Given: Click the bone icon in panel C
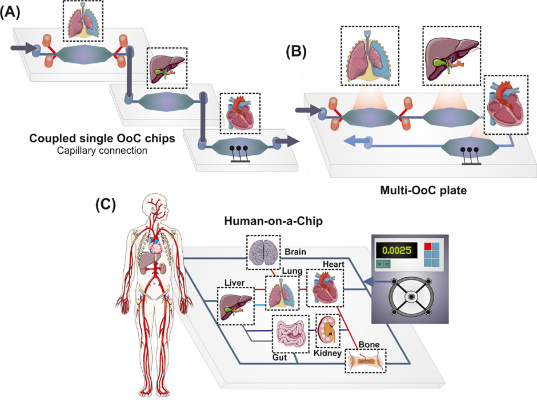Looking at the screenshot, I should (x=365, y=361).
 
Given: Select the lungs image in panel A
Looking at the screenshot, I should (x=83, y=23).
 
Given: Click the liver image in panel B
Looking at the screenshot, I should (x=455, y=55).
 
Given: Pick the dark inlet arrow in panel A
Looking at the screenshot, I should (x=22, y=51).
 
